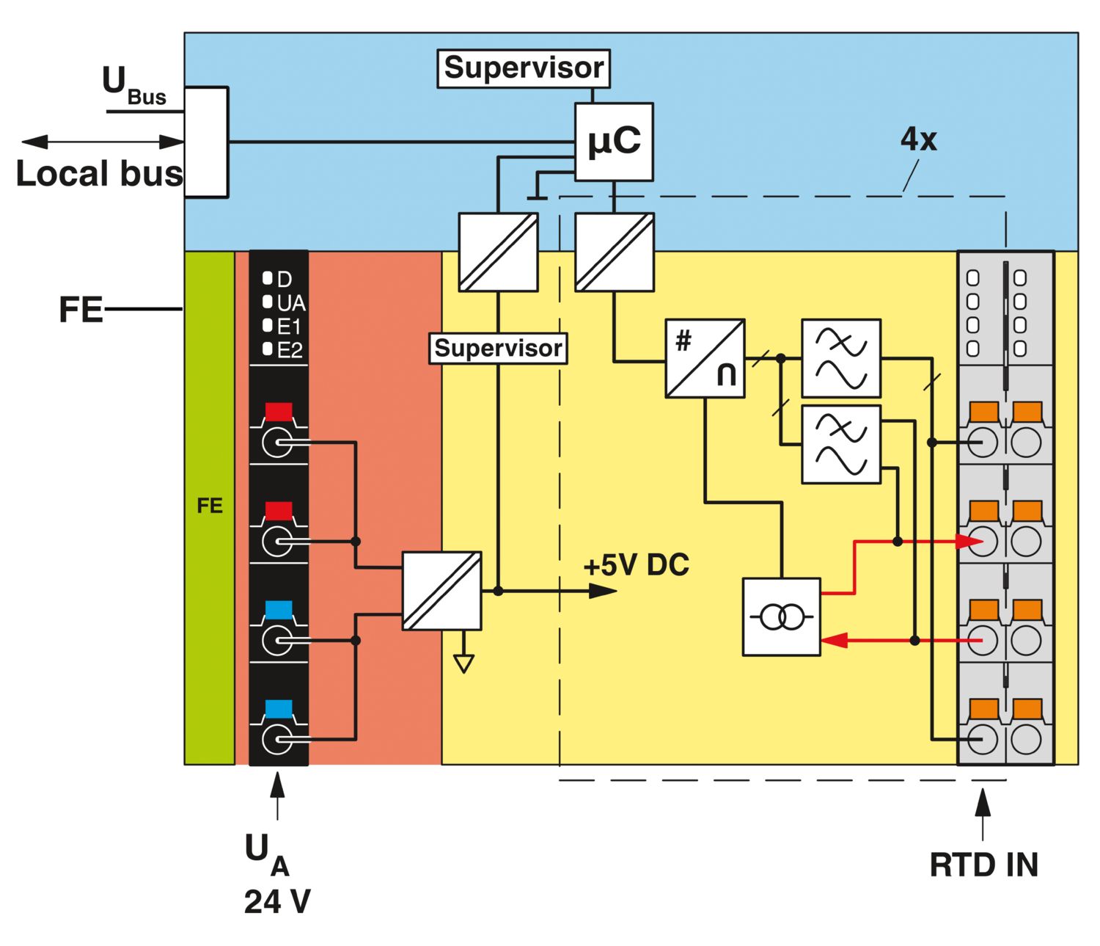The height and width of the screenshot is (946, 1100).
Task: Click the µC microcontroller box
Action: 614,142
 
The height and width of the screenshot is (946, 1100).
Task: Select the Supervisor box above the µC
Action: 524,68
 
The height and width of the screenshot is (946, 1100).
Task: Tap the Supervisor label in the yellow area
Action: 498,348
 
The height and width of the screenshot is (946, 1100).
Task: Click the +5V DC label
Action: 636,565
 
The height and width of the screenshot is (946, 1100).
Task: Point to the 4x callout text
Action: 918,139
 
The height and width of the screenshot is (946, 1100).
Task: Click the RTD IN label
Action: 983,865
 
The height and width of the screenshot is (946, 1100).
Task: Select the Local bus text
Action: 99,174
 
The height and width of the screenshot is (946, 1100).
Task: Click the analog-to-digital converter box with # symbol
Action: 705,359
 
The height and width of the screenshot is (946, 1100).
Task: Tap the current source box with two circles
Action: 782,616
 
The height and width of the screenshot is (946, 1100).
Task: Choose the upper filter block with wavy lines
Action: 841,358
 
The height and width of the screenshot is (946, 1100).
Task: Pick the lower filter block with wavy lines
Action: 841,444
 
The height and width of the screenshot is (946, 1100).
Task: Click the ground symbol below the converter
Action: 463,663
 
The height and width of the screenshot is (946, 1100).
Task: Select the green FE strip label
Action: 210,506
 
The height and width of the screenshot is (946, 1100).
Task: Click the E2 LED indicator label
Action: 290,351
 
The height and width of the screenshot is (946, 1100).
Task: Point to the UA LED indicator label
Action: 290,303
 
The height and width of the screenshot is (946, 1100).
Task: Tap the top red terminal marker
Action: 279,411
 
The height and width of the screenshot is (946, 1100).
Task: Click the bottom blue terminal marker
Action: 279,709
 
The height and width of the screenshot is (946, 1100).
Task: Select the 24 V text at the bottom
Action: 277,902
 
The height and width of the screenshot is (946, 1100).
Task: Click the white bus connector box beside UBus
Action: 206,142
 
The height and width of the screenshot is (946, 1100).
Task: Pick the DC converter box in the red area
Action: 442,591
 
